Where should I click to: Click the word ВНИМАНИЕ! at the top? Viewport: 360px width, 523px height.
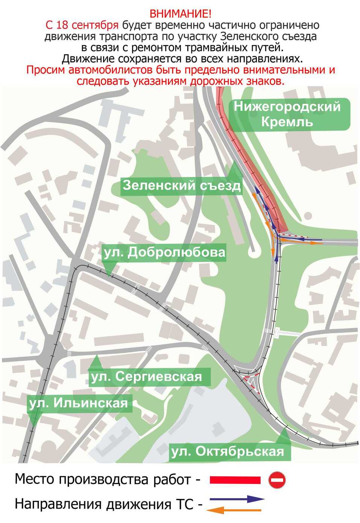coord(181,14)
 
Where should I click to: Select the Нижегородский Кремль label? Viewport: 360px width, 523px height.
coord(287,114)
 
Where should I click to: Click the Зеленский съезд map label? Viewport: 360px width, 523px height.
coord(181,185)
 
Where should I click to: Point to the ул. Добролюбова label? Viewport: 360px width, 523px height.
coord(165,252)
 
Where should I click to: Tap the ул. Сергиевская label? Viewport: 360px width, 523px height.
coord(146,376)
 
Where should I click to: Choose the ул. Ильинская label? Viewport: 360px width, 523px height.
coord(78,403)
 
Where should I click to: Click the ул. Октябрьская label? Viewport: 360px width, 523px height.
coord(228,451)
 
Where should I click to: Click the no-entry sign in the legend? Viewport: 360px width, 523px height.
coord(277,480)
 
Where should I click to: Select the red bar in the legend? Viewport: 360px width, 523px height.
coord(235,480)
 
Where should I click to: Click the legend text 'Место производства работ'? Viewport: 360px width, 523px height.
coord(102,479)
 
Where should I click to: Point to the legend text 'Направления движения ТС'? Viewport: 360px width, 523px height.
coord(104,504)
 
